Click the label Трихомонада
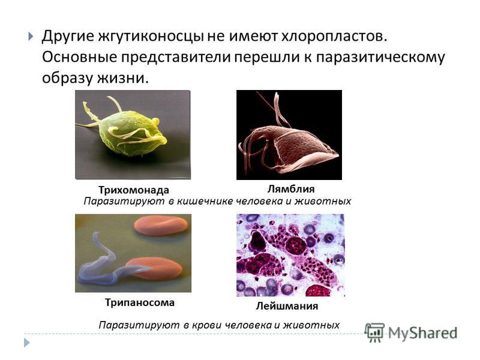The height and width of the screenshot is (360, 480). (133, 190)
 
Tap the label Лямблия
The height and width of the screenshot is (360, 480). (291, 189)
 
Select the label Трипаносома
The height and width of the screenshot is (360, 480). (140, 302)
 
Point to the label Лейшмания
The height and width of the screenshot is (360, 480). (287, 306)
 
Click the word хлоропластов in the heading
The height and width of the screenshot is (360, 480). (334, 37)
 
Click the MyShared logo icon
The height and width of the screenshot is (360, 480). (374, 332)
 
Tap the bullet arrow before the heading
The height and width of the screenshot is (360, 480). (31, 37)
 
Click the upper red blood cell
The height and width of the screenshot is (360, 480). (161, 226)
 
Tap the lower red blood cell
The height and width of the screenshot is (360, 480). (154, 268)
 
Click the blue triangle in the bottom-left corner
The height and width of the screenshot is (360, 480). (27, 342)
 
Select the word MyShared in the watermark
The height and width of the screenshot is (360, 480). (423, 333)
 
